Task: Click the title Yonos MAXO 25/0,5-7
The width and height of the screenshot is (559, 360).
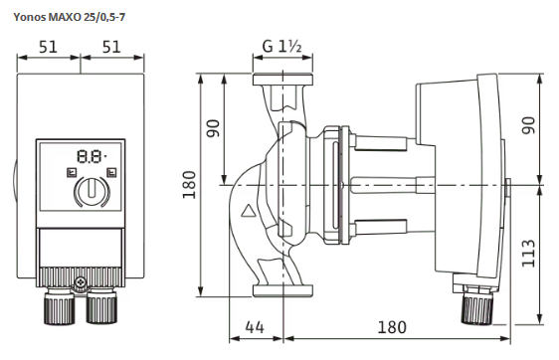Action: (70, 17)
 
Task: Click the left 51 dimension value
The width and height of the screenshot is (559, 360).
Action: (48, 47)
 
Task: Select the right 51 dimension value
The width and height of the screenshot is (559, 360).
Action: (111, 47)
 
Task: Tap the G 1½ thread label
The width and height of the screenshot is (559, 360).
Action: (282, 46)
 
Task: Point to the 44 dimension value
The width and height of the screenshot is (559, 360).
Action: (255, 327)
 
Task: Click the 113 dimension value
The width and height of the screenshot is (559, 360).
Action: (528, 254)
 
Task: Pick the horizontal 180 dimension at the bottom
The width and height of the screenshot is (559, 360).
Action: (392, 327)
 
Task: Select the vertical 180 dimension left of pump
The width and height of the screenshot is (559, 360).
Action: (189, 185)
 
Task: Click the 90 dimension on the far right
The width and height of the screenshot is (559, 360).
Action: (528, 125)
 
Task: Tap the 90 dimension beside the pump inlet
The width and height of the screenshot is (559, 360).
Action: (214, 128)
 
